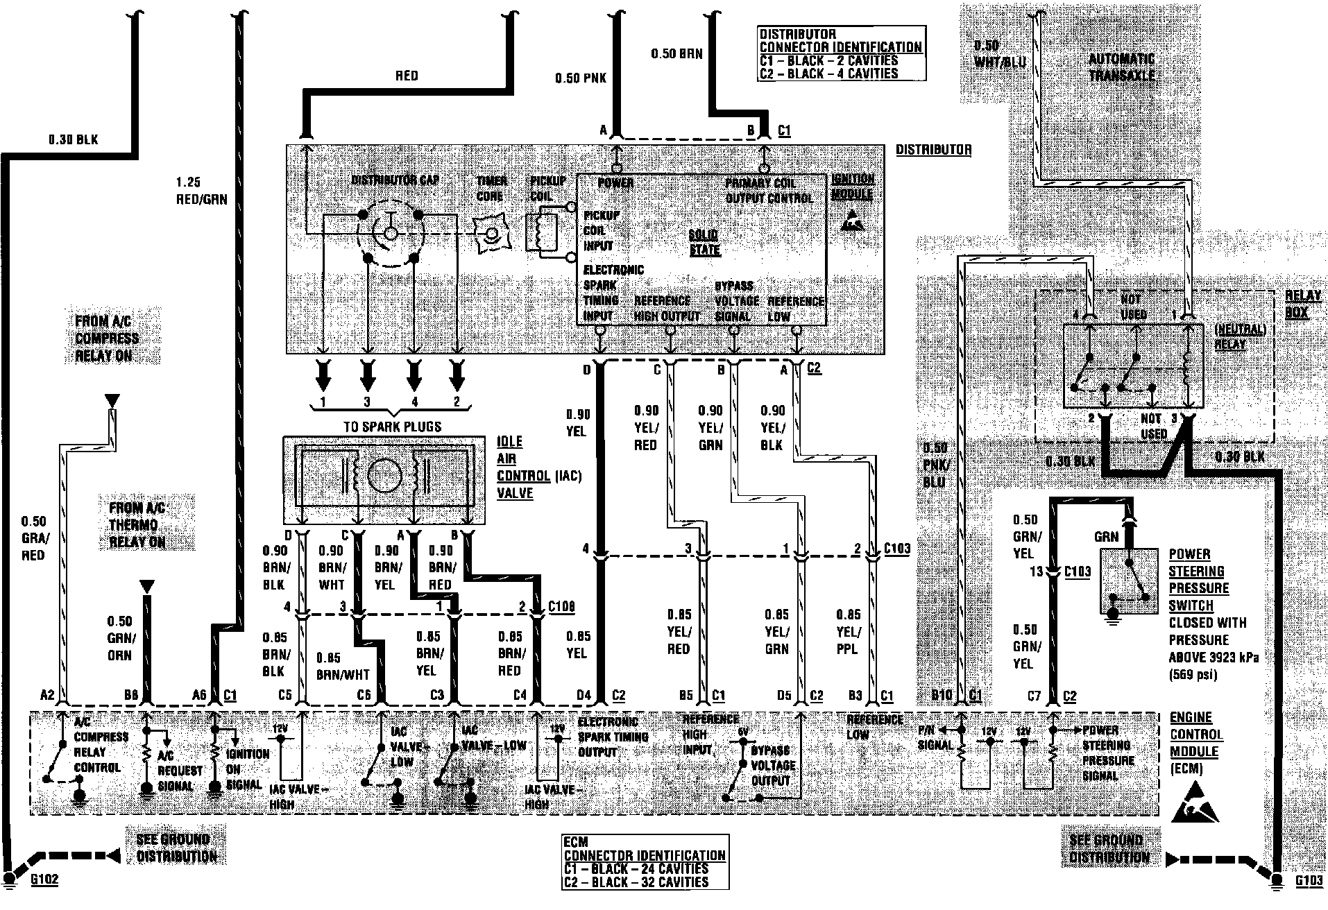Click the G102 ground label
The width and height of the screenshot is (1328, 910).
[45, 879]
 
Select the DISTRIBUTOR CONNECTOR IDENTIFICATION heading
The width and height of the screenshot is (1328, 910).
[840, 41]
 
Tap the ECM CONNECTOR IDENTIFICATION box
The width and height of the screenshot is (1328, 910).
[645, 862]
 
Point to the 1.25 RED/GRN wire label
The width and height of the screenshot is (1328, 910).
[201, 191]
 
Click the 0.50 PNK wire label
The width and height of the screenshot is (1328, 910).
[580, 78]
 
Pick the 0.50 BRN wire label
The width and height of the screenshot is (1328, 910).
[676, 53]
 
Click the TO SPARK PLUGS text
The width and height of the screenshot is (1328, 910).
[392, 427]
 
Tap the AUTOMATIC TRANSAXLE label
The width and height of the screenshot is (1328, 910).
[1121, 67]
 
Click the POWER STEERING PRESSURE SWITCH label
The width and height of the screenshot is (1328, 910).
[1198, 580]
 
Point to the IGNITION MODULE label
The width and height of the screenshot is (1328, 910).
[852, 187]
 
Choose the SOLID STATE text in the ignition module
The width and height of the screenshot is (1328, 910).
[704, 242]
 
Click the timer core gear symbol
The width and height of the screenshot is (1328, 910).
[492, 234]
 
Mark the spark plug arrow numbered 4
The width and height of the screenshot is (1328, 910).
[414, 377]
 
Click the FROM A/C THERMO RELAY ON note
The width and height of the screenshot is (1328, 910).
[137, 525]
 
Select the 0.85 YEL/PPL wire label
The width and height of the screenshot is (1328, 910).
[848, 631]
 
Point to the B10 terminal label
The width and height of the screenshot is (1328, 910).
[942, 695]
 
